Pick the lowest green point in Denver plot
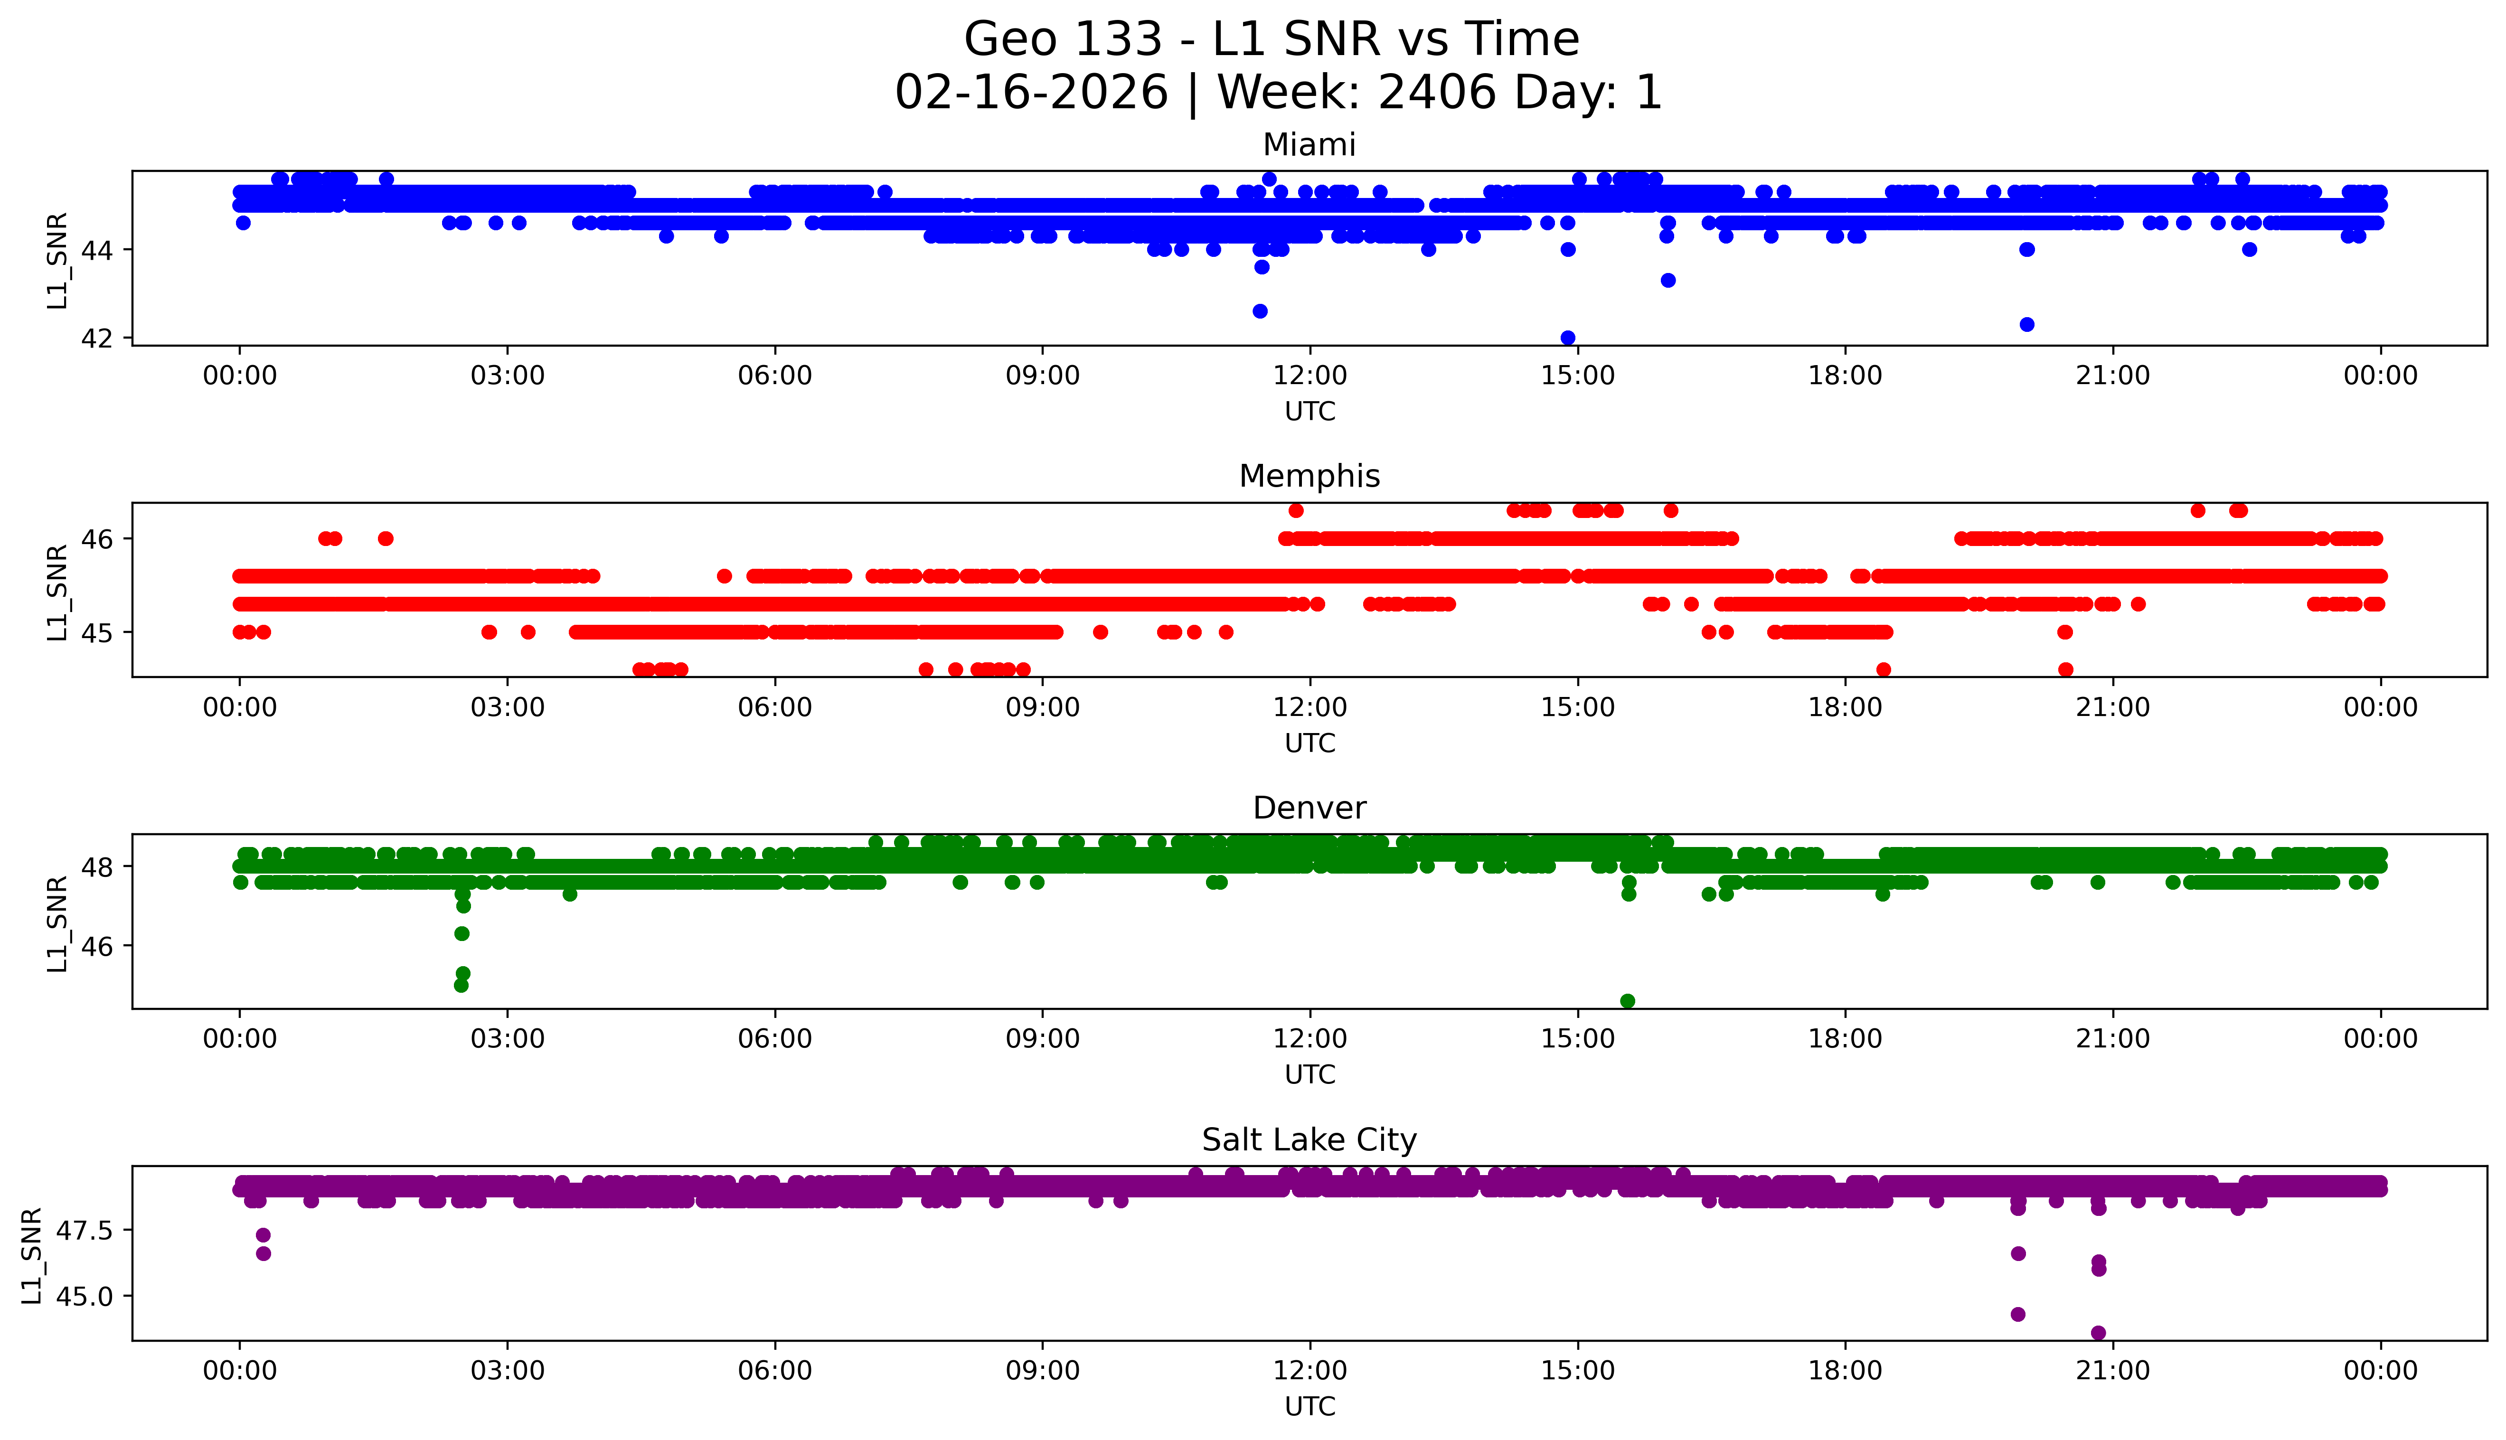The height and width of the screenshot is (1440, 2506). (1628, 1001)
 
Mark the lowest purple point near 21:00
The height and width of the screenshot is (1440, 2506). (2099, 1332)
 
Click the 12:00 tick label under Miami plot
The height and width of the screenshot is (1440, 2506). (1310, 376)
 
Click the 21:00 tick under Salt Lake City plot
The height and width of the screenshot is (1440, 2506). (2112, 1371)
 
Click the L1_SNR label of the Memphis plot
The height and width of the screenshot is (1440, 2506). (57, 592)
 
